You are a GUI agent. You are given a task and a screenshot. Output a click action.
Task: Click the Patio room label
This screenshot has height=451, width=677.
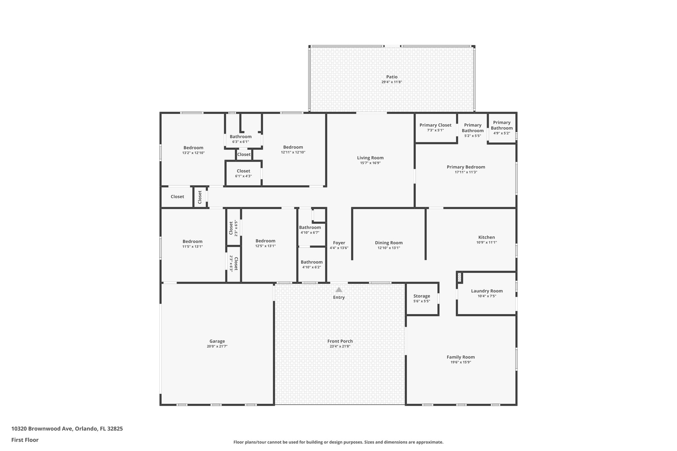click(x=392, y=77)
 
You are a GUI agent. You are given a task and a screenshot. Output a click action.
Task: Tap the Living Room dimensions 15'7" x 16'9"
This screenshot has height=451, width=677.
click(x=370, y=163)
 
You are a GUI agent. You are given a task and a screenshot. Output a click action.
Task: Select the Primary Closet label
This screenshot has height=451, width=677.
click(x=435, y=125)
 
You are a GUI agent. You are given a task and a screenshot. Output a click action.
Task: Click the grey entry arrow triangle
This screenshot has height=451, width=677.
click(x=339, y=290)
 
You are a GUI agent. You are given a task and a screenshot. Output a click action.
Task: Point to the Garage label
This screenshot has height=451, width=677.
click(x=217, y=341)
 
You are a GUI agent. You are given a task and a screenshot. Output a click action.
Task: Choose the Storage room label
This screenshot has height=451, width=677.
click(x=421, y=296)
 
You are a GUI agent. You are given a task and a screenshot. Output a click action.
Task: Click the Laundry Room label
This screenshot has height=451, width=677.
click(x=487, y=291)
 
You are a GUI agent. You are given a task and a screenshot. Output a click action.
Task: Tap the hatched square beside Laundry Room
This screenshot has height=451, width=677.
click(x=459, y=277)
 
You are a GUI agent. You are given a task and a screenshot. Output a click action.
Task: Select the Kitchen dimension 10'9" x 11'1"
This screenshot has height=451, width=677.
click(x=487, y=243)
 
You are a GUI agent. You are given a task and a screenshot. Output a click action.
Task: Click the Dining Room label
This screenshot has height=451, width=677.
click(x=389, y=243)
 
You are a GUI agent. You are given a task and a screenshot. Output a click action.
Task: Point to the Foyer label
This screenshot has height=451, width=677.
click(x=339, y=243)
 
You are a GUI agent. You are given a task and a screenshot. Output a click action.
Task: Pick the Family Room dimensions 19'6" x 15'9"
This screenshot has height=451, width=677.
click(x=460, y=362)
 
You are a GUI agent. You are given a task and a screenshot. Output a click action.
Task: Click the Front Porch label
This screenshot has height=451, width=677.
click(x=340, y=341)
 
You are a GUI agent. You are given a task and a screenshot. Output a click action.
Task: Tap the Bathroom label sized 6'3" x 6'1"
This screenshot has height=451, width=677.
click(x=241, y=137)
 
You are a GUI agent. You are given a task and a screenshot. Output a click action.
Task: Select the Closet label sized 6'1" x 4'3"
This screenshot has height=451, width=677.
click(x=243, y=171)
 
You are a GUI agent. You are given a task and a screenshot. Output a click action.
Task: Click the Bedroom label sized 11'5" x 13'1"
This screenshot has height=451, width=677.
click(x=192, y=242)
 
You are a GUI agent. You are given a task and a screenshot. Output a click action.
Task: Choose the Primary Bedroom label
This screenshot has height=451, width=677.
click(x=466, y=167)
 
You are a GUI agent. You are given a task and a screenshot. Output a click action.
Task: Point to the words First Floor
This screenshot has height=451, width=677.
click(x=25, y=440)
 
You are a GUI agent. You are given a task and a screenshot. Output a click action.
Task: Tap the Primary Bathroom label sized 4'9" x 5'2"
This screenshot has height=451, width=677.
click(x=501, y=125)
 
